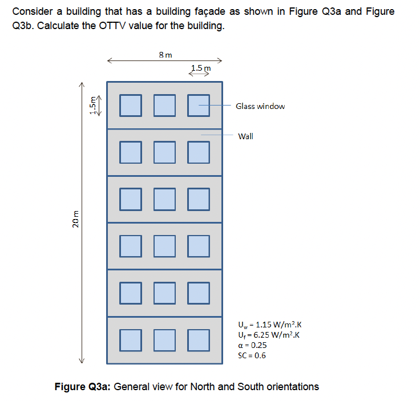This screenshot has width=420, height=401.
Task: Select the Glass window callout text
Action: click(x=260, y=106)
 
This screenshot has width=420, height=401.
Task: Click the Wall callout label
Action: click(x=245, y=136)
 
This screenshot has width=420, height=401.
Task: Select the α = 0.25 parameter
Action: click(x=252, y=345)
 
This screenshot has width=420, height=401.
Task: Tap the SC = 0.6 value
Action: click(x=252, y=355)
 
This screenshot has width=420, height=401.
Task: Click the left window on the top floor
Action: click(x=131, y=106)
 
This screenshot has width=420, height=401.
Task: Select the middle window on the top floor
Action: click(x=165, y=106)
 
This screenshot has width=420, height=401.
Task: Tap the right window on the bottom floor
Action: click(x=199, y=340)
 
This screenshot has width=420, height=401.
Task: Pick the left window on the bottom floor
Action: click(x=131, y=340)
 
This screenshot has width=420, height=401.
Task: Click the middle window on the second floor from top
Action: click(x=165, y=152)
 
